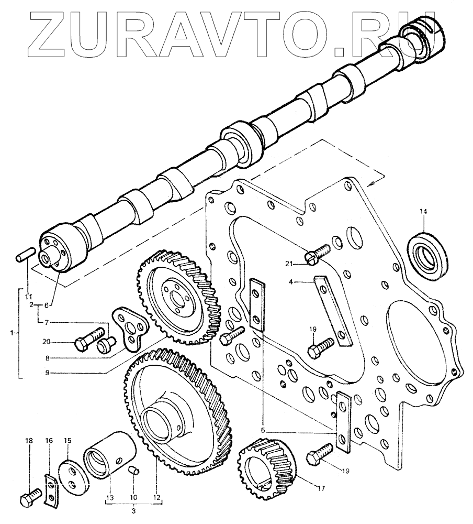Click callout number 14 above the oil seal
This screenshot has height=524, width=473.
click(423, 211)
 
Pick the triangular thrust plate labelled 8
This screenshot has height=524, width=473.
click(131, 329)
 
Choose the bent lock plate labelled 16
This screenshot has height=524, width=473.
click(50, 489)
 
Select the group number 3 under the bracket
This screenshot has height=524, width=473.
click(133, 511)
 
